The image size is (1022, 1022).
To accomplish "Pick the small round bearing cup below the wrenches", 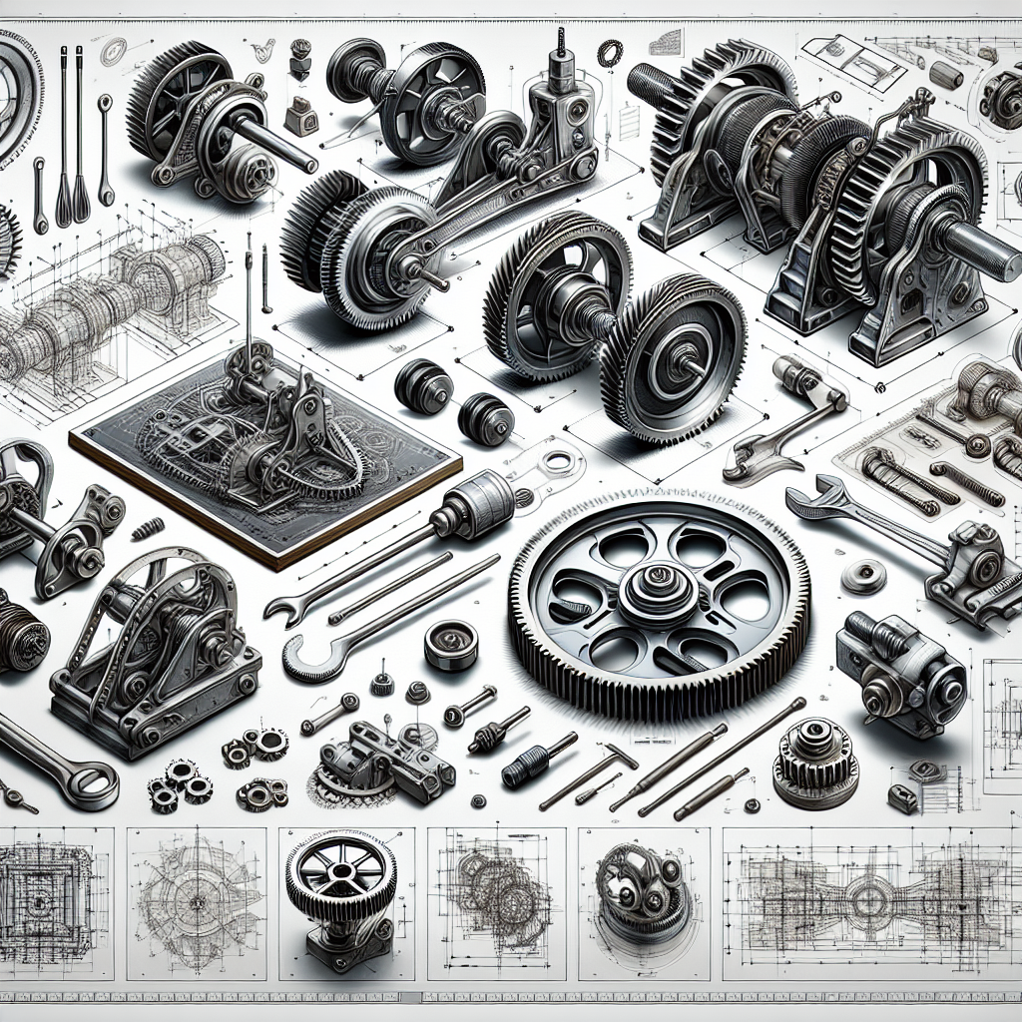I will [450, 645].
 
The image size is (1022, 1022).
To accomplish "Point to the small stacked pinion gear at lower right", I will [815, 763].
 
